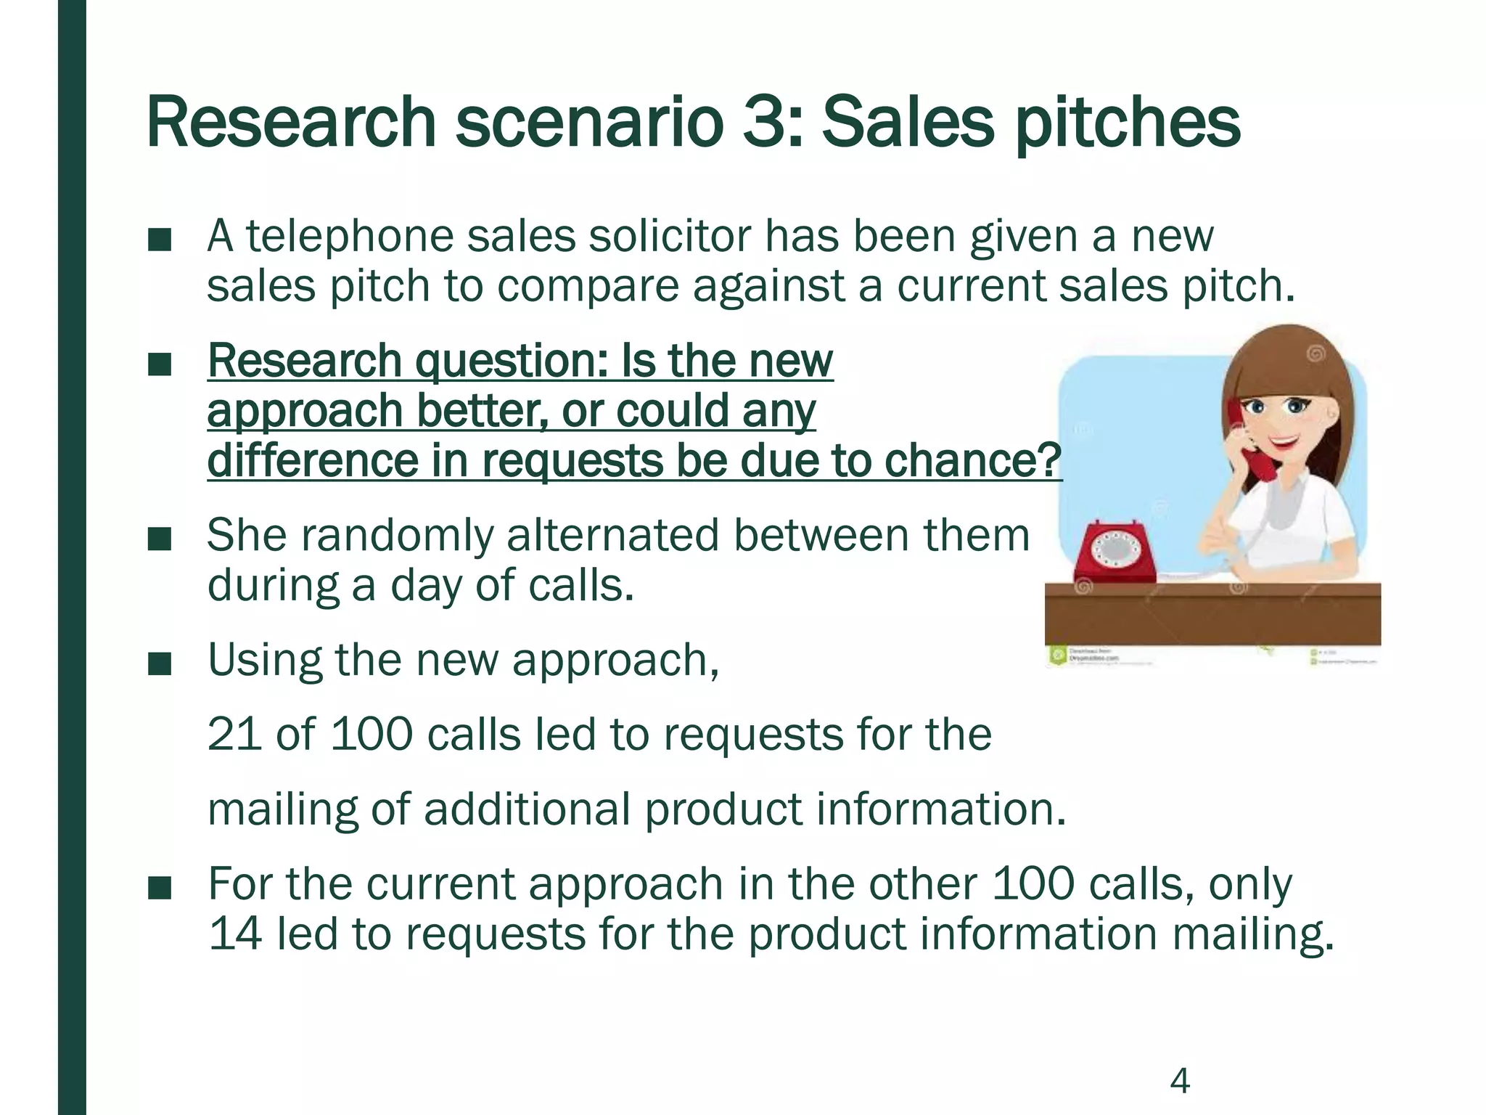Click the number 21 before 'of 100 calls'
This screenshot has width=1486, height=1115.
pyautogui.click(x=234, y=734)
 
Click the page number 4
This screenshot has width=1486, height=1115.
pyautogui.click(x=1180, y=1081)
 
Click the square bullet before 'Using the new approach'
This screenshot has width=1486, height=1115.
pyautogui.click(x=159, y=663)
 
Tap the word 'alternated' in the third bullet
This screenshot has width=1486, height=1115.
pyautogui.click(x=612, y=536)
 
